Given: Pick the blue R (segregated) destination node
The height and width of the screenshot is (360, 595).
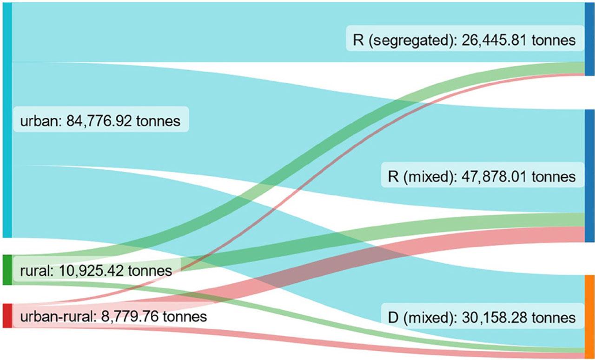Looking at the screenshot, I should (590, 39).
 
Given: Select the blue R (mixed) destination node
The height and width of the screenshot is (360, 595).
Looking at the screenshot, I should (590, 176).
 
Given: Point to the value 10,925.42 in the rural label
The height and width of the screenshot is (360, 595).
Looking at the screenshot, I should (88, 271).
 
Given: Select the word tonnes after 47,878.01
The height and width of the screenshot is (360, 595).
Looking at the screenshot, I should (553, 177).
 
